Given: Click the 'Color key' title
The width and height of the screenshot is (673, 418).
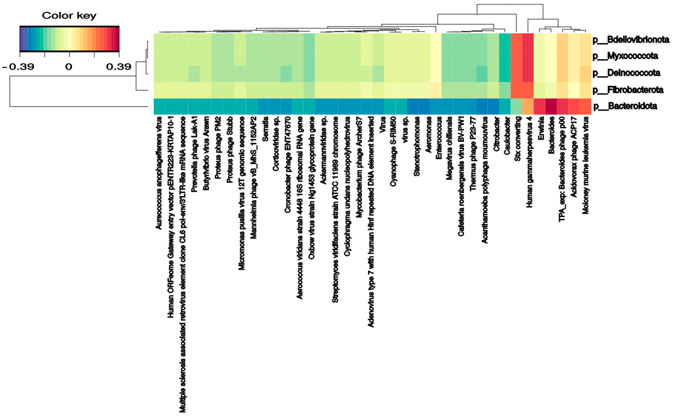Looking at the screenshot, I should pyautogui.click(x=69, y=16).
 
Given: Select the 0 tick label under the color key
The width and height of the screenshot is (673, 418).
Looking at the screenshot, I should pyautogui.click(x=69, y=67).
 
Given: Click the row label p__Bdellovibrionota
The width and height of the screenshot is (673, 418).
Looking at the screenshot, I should pyautogui.click(x=631, y=40).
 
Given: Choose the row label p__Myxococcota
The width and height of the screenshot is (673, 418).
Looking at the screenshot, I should pyautogui.click(x=625, y=56).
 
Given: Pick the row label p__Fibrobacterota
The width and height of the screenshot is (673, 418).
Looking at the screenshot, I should pyautogui.click(x=628, y=90).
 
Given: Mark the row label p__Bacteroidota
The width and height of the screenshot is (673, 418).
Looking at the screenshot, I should pyautogui.click(x=625, y=106).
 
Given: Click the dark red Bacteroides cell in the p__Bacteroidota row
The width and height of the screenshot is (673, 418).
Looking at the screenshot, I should pyautogui.click(x=551, y=106).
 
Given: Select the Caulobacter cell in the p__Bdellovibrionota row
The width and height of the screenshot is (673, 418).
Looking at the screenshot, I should pyautogui.click(x=505, y=41).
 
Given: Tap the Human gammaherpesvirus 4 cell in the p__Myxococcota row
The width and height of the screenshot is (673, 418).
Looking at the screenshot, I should pyautogui.click(x=528, y=58).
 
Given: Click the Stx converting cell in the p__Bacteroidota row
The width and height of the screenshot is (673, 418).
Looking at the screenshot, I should pyautogui.click(x=516, y=106).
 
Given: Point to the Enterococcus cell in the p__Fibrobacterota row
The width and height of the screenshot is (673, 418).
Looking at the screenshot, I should pyautogui.click(x=436, y=90).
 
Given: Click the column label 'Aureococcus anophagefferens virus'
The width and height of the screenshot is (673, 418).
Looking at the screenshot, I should pyautogui.click(x=159, y=173).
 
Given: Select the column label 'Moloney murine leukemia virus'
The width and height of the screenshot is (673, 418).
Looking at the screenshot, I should pyautogui.click(x=585, y=165).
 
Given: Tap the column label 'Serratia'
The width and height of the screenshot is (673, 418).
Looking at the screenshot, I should pyautogui.click(x=265, y=129).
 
